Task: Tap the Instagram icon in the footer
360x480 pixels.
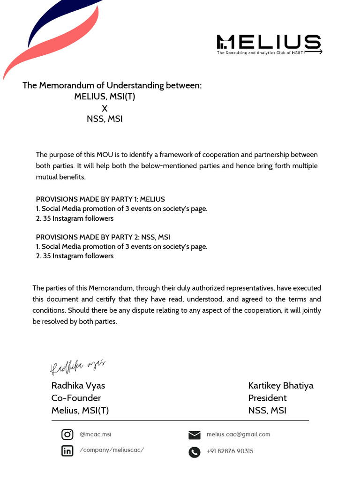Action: point(67,435)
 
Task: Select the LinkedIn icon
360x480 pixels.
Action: point(67,451)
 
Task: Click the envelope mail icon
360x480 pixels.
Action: point(194,435)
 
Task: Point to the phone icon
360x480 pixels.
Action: point(194,452)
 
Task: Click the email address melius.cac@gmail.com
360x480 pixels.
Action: point(238,435)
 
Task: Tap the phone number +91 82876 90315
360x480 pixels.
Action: point(230,451)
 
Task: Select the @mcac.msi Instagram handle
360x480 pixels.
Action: point(95,435)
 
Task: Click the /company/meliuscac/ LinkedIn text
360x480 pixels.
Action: point(112,450)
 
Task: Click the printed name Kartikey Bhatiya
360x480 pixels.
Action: point(280,386)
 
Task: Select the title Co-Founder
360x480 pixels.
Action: point(76,398)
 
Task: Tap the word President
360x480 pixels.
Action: point(267,398)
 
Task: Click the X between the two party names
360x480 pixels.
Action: point(105,108)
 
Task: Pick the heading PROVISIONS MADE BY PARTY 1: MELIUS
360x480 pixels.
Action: point(100,199)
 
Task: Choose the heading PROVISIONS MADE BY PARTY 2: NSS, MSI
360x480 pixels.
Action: point(103,237)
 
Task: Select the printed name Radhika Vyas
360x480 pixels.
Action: point(78,386)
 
